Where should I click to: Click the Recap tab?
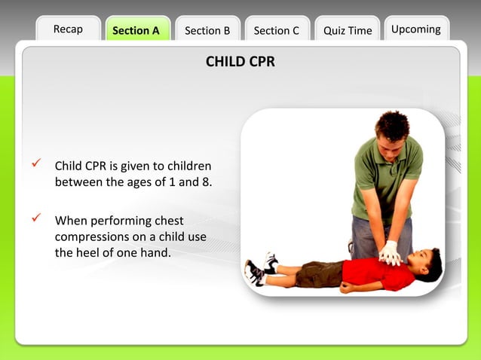68,29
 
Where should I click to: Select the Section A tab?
136,31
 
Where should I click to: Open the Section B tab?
207,31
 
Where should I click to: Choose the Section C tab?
277,31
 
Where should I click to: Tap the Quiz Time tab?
348,31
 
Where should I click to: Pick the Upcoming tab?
416,29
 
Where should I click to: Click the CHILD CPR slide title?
240,62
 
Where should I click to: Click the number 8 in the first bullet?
205,182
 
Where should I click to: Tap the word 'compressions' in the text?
90,237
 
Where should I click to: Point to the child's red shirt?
377,272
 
